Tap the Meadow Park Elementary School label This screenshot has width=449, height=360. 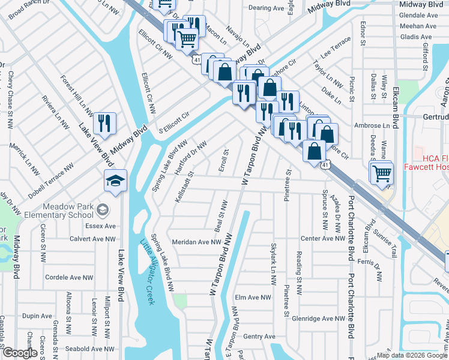click(x=65, y=211)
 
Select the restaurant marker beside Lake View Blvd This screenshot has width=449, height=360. click(x=104, y=124)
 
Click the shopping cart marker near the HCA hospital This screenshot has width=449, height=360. click(x=381, y=172)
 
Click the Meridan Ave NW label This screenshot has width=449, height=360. click(x=197, y=242)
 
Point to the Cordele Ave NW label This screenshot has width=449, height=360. click(x=69, y=278)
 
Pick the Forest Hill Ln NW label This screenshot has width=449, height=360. click(x=77, y=95)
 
